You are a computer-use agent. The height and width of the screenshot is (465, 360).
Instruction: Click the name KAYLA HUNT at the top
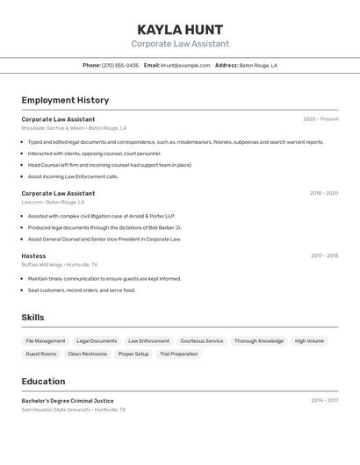(180, 29)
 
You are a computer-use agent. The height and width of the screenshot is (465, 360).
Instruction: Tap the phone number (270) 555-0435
(119, 65)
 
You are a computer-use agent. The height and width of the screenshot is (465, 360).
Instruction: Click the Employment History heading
(65, 100)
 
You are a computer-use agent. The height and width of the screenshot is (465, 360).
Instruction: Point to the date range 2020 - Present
(320, 119)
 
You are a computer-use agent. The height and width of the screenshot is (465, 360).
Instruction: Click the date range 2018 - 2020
(323, 193)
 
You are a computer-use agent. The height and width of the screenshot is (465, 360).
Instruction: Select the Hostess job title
(33, 256)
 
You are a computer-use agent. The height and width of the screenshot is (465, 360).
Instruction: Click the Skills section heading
(32, 318)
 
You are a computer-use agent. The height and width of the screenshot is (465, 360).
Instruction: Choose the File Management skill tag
(46, 340)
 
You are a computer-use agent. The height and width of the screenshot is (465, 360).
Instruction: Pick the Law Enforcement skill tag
(148, 340)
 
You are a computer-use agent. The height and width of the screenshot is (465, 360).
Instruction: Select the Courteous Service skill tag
(202, 340)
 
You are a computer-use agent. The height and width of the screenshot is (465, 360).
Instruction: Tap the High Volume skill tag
(309, 340)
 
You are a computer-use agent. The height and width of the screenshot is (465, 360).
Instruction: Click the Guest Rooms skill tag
(41, 354)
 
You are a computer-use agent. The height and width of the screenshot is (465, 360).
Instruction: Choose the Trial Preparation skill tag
(178, 354)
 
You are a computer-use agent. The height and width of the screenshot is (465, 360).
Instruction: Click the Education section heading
(43, 382)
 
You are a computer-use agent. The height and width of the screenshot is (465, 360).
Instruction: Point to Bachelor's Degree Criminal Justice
(68, 400)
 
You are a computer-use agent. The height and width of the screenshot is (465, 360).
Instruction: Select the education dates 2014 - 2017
(324, 400)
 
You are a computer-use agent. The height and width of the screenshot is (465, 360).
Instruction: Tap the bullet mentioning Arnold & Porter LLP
(101, 216)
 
